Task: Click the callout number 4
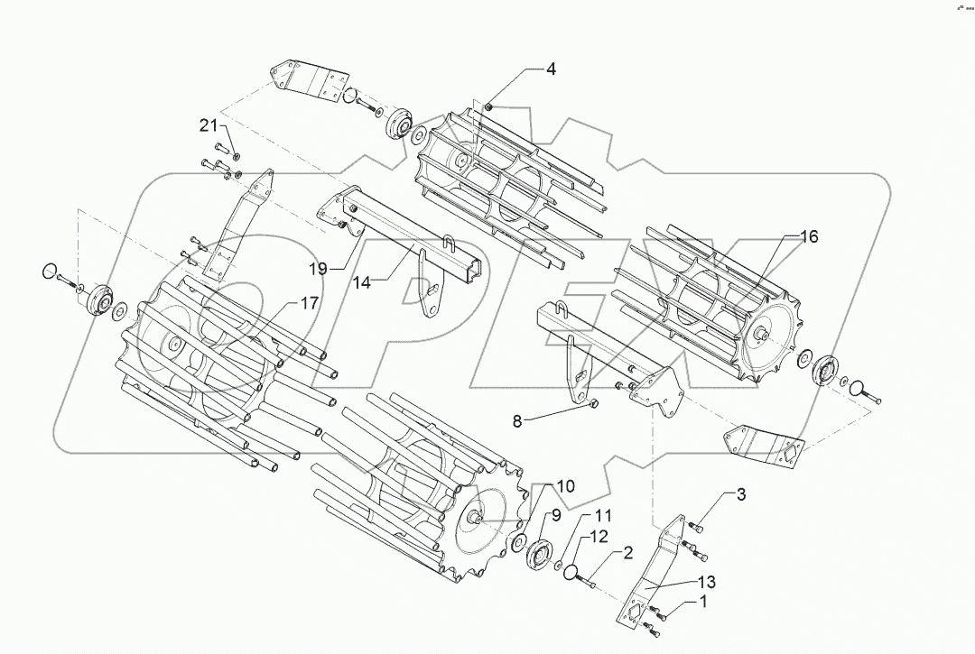549,69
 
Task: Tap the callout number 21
209,125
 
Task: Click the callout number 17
309,304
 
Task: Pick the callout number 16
808,236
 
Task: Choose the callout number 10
565,486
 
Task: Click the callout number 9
557,515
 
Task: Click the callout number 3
740,493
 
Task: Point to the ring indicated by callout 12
567,572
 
